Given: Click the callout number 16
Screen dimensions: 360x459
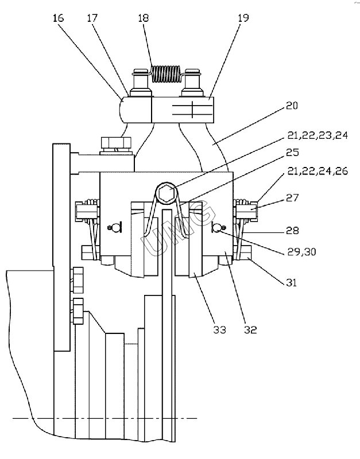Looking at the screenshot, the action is pos(58,18).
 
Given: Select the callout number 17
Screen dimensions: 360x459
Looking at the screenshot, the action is pos(92,18).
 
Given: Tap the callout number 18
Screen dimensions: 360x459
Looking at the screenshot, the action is pos(144,18).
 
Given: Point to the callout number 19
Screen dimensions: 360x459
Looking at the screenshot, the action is pos(243,18).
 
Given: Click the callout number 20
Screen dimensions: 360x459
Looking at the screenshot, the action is pos(292,106).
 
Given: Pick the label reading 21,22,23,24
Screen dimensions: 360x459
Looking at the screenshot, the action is pos(318,135).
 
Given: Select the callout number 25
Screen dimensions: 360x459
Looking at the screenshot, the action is pos(292,152).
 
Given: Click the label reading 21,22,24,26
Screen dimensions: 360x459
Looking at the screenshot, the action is pos(318,170).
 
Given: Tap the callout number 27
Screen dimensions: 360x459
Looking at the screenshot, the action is pos(292,198).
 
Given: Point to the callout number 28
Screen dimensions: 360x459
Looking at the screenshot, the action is pos(292,231).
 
